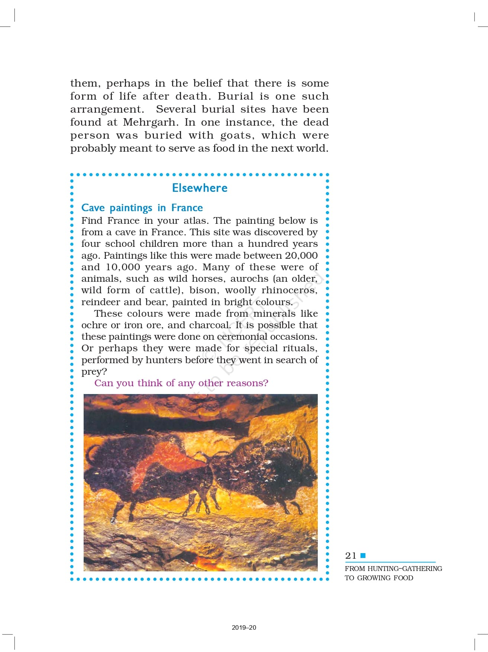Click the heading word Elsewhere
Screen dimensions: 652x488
[200, 188]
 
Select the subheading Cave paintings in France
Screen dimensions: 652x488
[142, 208]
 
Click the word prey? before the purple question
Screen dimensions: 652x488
[94, 372]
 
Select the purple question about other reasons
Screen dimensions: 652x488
[181, 383]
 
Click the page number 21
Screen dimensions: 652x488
[350, 556]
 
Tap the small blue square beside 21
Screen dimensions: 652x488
[363, 555]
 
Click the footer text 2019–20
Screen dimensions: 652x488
[244, 627]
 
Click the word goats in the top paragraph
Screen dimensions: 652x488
[236, 135]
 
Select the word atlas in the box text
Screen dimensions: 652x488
[195, 221]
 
